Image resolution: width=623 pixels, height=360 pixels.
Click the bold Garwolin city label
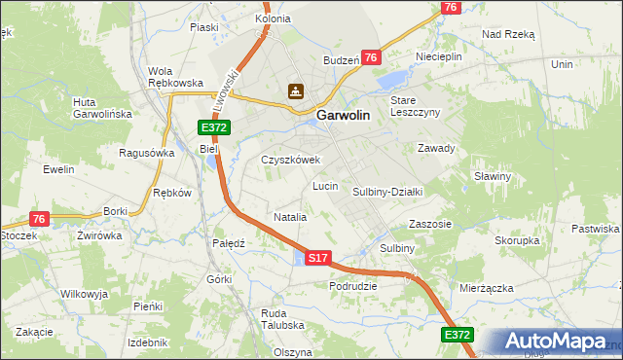[342, 116]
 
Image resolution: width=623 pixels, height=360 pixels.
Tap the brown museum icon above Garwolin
[295, 91]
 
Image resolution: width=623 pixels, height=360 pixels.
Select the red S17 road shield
[319, 258]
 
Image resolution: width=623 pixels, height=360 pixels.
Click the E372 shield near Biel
[214, 127]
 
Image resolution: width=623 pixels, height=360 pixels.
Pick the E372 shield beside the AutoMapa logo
[458, 335]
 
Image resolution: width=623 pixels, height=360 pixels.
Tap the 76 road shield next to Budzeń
[370, 58]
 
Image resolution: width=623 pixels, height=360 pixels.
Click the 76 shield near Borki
[39, 219]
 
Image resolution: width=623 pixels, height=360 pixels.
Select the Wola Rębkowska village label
[174, 77]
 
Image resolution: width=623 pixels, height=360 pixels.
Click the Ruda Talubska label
[282, 319]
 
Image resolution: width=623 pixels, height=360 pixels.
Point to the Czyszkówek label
[290, 160]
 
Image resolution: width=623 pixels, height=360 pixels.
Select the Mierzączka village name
[486, 288]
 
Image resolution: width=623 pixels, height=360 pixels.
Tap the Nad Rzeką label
[509, 33]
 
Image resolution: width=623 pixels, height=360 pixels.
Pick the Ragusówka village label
[146, 153]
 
